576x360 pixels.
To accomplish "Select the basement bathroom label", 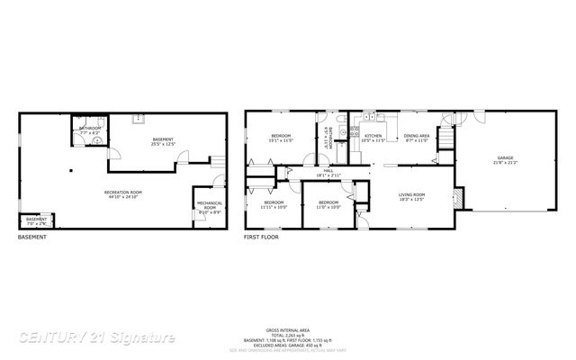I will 90,128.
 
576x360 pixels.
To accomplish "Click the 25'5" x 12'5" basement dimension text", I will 163,144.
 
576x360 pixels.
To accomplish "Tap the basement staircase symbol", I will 217,160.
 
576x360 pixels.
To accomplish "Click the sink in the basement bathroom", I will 96,141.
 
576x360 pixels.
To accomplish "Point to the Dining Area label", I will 416,136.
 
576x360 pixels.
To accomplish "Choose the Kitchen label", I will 373,136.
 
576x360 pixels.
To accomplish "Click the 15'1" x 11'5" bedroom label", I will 282,137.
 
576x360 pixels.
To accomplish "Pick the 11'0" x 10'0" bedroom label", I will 328,202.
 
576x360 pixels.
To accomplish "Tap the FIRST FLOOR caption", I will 261,237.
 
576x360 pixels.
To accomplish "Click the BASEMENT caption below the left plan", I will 32,237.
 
